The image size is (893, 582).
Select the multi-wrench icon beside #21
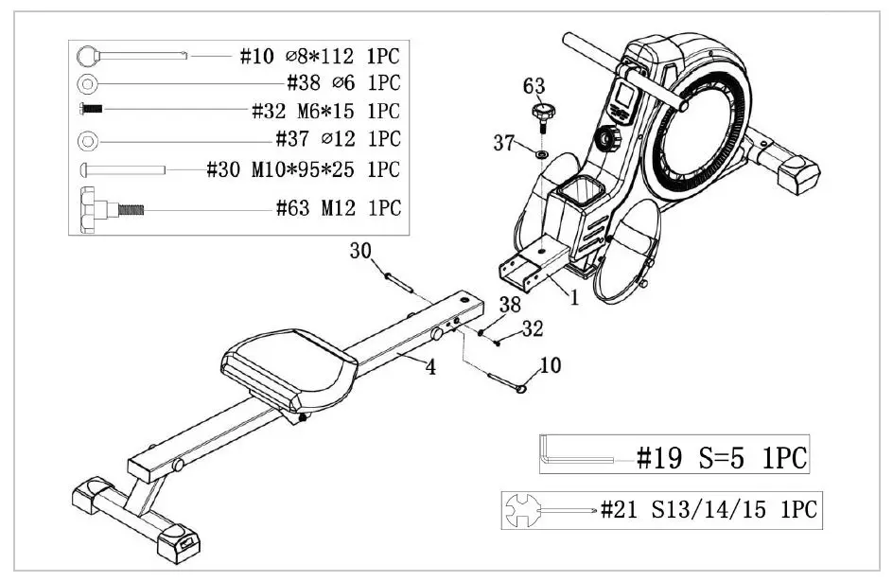pyautogui.click(x=532, y=511)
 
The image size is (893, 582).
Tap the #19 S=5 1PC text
pyautogui.click(x=721, y=459)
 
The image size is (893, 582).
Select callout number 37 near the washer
pyautogui.click(x=503, y=144)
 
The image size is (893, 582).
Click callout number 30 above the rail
pyautogui.click(x=360, y=251)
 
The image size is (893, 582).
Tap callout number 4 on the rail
pyautogui.click(x=430, y=367)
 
